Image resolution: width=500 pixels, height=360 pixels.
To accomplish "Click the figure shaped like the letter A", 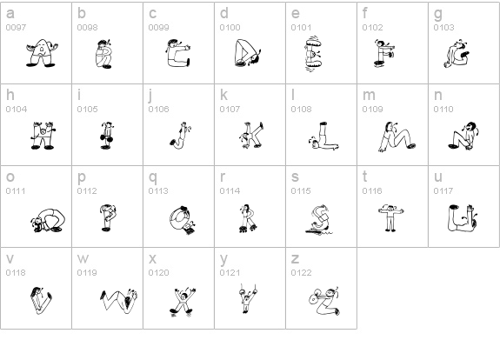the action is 42,53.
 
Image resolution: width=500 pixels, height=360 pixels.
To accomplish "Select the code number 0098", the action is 87,28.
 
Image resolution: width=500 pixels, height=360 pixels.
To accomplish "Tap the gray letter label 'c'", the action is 153,14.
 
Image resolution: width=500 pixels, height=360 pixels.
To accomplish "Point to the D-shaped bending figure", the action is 248,53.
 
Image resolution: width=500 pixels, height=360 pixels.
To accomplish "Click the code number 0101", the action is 301,28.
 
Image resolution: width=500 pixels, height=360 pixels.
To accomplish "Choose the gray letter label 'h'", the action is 10,95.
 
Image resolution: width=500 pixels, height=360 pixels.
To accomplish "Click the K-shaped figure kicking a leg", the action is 251,135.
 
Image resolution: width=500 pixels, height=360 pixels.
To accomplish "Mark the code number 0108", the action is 301,110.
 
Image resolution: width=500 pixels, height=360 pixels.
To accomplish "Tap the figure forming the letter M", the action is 397,137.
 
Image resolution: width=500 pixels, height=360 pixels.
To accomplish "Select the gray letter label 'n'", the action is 438,96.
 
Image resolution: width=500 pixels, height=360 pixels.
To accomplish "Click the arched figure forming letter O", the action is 48,220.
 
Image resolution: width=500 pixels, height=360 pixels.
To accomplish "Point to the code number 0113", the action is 158,191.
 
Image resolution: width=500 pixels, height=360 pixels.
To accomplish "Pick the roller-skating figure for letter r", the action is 248,218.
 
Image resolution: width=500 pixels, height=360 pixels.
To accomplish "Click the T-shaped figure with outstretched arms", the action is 391,218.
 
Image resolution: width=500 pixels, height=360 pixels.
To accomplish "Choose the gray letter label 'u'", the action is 438,177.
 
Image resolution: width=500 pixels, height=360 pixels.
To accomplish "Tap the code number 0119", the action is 87,273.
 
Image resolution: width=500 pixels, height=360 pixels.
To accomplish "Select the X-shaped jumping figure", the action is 183,303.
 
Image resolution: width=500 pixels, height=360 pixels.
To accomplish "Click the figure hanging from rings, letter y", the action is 248,298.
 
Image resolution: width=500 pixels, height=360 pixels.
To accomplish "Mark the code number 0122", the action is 301,273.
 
